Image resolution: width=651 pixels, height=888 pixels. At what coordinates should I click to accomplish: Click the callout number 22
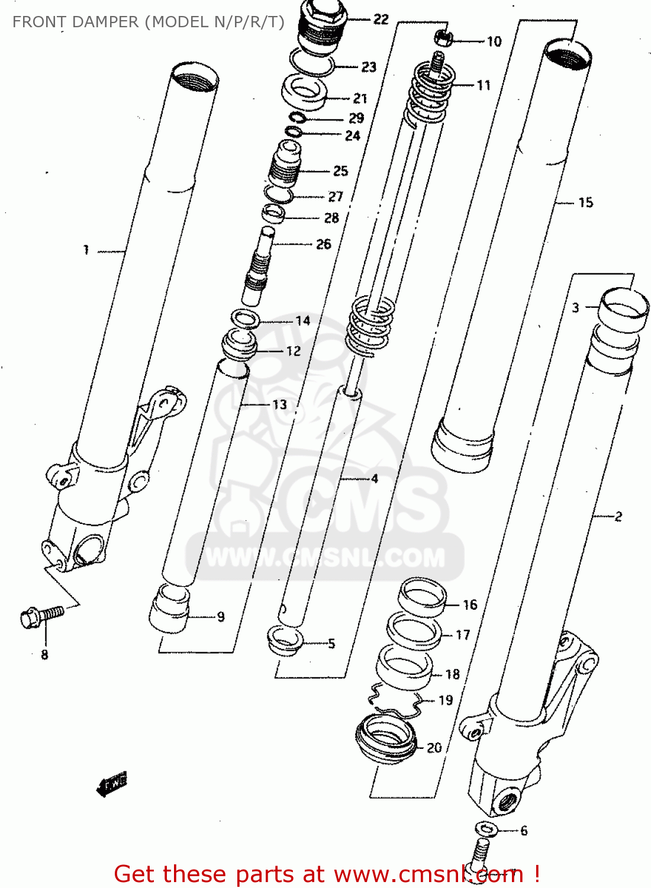coord(381,20)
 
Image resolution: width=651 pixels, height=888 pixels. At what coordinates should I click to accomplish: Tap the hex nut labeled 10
coord(444,38)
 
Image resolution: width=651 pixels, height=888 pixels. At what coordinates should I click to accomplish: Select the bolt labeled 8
coord(41,616)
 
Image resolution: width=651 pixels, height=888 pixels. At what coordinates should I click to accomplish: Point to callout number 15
coord(585,202)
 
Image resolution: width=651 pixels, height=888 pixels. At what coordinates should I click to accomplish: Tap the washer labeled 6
coord(486,828)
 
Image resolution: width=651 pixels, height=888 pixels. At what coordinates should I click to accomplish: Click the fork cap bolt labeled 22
coord(322,27)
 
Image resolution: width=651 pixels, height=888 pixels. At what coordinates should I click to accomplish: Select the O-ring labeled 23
coord(312,62)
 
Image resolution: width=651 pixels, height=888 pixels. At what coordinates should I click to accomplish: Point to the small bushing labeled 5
coord(285,639)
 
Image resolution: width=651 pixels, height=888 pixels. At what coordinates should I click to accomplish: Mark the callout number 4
coord(374,478)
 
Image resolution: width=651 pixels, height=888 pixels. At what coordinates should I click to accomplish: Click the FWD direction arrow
coord(112,784)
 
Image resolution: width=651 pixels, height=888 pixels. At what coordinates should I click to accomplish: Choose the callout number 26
coord(323,244)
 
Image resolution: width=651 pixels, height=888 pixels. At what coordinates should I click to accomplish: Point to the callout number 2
coord(618,516)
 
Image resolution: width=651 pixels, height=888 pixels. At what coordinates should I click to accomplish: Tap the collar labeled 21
coord(304,92)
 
